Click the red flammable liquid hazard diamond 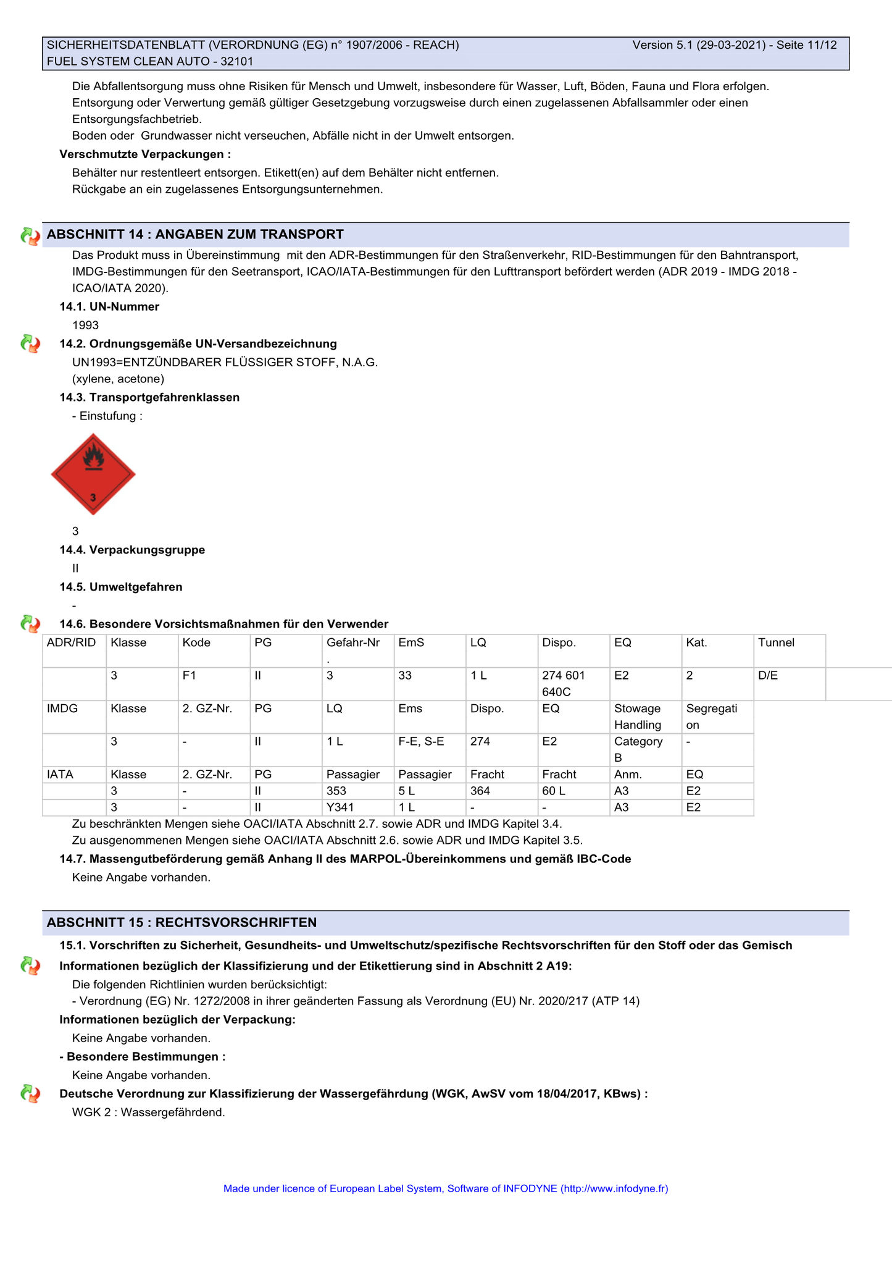click(93, 474)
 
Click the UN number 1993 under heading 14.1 click(85, 325)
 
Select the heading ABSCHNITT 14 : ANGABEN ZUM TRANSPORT click(195, 235)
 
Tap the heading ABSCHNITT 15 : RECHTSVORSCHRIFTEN click(181, 922)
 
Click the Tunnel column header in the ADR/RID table click(776, 642)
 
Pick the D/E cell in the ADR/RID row click(768, 676)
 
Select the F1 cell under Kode click(189, 676)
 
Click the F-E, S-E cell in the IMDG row click(421, 741)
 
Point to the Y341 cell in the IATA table click(340, 807)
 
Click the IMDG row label click(62, 709)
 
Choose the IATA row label click(60, 775)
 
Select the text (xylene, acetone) click(118, 379)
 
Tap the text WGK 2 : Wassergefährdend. click(148, 1113)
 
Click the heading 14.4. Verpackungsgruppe click(132, 550)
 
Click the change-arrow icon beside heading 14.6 click(30, 624)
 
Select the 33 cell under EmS click(405, 676)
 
